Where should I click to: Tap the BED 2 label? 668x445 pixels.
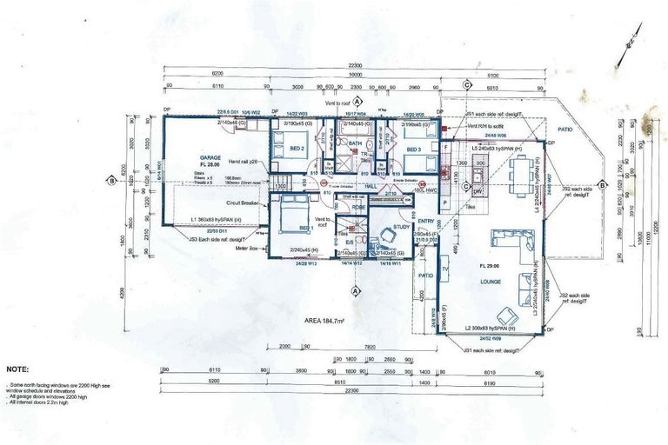(x=297, y=149)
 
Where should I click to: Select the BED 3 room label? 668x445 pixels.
(x=415, y=149)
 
